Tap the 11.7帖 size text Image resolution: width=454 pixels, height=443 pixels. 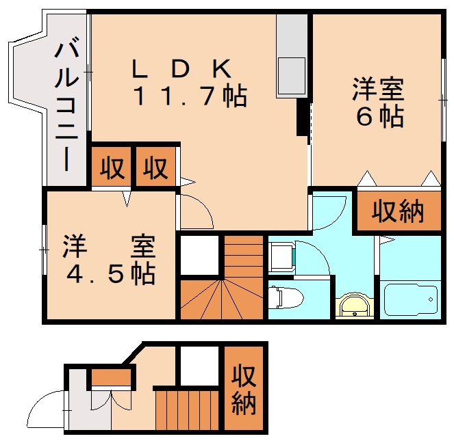pyautogui.click(x=189, y=96)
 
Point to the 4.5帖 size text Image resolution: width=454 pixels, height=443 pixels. pyautogui.click(x=110, y=273)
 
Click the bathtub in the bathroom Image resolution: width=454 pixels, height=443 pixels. pyautogui.click(x=409, y=300)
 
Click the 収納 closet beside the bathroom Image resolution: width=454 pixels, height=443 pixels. pyautogui.click(x=398, y=213)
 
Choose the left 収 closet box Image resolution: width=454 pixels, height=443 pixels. pyautogui.click(x=111, y=167)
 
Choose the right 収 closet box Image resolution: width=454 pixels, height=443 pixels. pyautogui.click(x=155, y=167)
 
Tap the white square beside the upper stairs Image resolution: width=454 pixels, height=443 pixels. pyautogui.click(x=200, y=254)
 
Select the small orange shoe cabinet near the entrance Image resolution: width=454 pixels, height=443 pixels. pyautogui.click(x=111, y=376)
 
